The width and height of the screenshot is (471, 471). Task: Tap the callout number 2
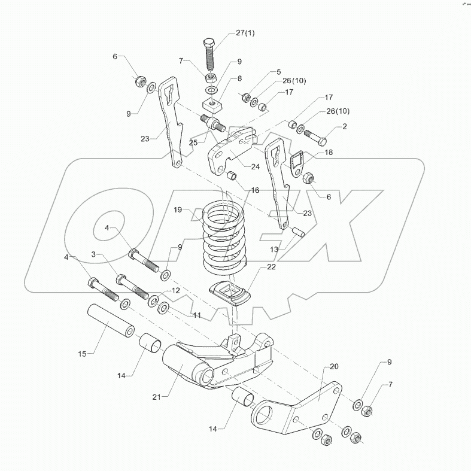point(344,127)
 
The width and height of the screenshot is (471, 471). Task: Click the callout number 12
point(175,290)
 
